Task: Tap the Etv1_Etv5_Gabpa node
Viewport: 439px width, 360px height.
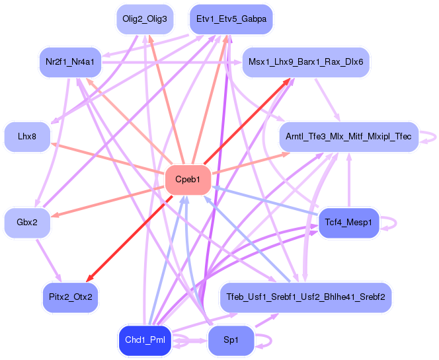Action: (x=231, y=19)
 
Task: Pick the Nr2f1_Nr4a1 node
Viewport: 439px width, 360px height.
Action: (x=70, y=62)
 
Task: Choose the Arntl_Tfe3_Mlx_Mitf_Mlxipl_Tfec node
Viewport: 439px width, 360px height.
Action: (x=348, y=137)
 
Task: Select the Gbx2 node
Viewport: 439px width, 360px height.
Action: (x=27, y=223)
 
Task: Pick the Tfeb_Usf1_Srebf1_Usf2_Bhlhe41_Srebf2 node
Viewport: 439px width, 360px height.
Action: (x=305, y=297)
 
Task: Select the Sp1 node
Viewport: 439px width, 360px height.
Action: (x=231, y=340)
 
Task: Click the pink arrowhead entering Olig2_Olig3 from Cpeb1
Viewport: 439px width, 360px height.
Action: (x=150, y=38)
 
